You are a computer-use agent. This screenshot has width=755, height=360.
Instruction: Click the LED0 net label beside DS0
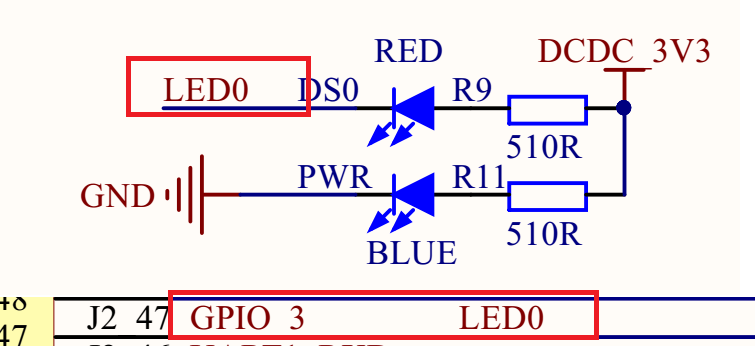pos(205,91)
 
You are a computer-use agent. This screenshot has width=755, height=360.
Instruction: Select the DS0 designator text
pos(328,91)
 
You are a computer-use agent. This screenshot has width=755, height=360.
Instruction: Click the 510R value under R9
pos(544,146)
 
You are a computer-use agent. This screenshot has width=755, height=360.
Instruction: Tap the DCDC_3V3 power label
pos(624,51)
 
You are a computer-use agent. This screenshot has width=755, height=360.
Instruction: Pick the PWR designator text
pos(334,178)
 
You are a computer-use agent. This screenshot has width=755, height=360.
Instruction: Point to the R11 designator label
pos(477,178)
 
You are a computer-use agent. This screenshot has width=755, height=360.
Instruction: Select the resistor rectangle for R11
pos(547,194)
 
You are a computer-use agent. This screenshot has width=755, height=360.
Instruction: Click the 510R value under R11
pos(544,234)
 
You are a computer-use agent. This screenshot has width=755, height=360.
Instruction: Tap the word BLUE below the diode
pos(412,252)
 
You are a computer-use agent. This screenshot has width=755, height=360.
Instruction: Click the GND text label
pos(118,196)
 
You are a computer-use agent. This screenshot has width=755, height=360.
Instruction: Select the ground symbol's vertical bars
pos(190,195)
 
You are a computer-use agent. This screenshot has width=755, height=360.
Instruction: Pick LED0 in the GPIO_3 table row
pos(501,319)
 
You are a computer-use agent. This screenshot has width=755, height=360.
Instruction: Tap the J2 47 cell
pos(113,319)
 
